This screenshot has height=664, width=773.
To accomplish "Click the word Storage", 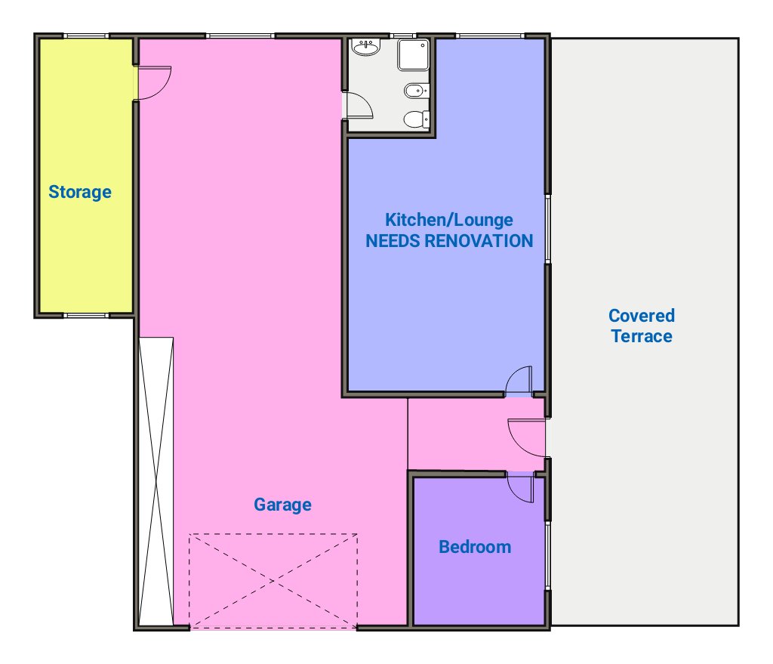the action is [x=80, y=192].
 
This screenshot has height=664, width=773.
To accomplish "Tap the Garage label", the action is [x=282, y=505].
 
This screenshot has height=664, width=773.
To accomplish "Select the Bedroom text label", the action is [x=475, y=547].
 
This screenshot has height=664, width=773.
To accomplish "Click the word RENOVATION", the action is [x=478, y=241].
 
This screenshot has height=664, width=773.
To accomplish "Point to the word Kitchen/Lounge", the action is [x=449, y=220].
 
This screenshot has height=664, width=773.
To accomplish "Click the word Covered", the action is [x=642, y=316].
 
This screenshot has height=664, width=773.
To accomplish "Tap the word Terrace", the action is [x=642, y=336].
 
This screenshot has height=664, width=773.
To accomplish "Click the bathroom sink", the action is [x=366, y=48].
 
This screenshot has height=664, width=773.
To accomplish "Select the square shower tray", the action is [x=413, y=54].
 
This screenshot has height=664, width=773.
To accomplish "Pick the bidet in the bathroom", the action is [x=416, y=91].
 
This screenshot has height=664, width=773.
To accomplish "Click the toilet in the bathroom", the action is [x=416, y=119].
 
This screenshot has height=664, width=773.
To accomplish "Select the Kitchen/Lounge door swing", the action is [x=519, y=380].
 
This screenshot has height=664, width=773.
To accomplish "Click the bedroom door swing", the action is [x=521, y=490].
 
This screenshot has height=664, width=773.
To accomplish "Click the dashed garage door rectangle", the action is [x=273, y=581].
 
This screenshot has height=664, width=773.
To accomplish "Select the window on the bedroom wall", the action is [x=547, y=555].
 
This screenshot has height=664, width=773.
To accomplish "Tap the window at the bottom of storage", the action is [x=86, y=315].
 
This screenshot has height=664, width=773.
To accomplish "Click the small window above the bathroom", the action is [x=403, y=36].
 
